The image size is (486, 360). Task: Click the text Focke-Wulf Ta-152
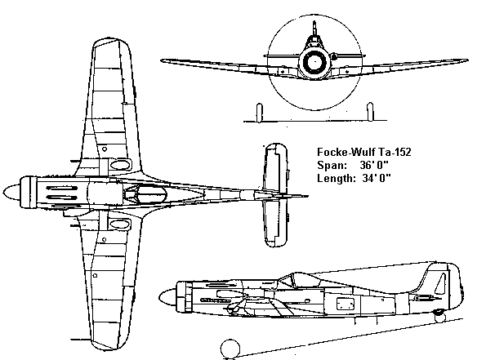pyautogui.click(x=363, y=152)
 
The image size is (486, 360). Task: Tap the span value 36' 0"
pyautogui.click(x=374, y=165)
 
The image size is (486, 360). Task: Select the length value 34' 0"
pyautogui.click(x=377, y=178)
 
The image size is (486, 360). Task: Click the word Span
pyautogui.click(x=332, y=166)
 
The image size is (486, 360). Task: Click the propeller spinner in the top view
pyautogui.click(x=11, y=192)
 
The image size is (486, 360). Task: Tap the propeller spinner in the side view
pyautogui.click(x=167, y=298)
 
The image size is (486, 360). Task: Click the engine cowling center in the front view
pyautogui.click(x=314, y=62)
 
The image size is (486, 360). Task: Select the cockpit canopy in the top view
pyautogui.click(x=145, y=194)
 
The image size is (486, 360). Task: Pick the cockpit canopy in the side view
pyautogui.click(x=299, y=281)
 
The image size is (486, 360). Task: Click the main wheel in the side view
pyautogui.click(x=230, y=349)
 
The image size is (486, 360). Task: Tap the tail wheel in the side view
pyautogui.click(x=439, y=317)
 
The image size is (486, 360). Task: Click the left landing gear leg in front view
pyautogui.click(x=260, y=113)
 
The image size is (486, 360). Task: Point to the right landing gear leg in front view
pyautogui.click(x=370, y=112)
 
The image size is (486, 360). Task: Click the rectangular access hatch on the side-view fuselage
pyautogui.click(x=346, y=304)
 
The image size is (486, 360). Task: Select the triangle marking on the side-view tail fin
pyautogui.click(x=441, y=284)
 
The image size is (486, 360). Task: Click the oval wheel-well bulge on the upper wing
pyautogui.click(x=119, y=164)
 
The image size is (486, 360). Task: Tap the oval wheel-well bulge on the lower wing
pyautogui.click(x=119, y=224)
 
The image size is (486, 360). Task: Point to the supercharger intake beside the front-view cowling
pyautogui.click(x=334, y=57)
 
